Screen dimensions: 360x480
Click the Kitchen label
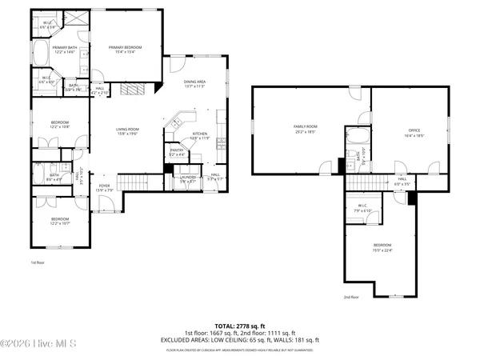point(199,134)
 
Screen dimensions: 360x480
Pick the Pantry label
point(176,150)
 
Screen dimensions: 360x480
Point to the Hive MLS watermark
point(38,344)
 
